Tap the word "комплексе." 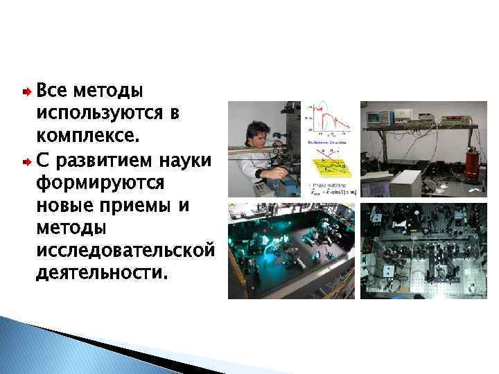tap(87, 131)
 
